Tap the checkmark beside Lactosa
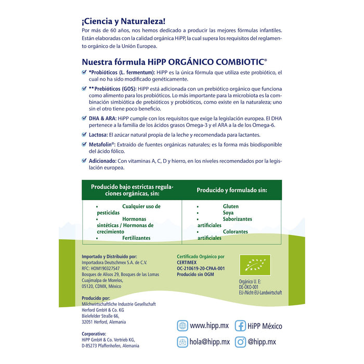point(85,134)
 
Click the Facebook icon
point(240,326)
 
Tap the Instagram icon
point(240,342)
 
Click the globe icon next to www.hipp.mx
point(182,326)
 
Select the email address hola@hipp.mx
point(210,342)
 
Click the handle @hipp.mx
point(263,342)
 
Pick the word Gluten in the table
point(231,206)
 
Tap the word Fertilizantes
point(136,238)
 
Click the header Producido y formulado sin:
point(232,190)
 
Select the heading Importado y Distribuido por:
point(110,256)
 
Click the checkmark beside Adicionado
point(85,161)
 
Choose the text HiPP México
point(265,326)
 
